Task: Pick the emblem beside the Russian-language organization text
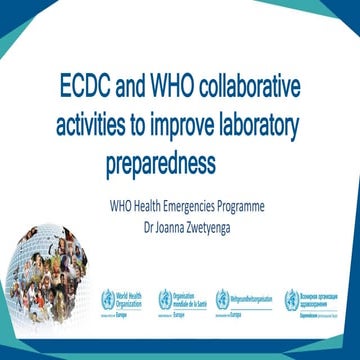tap(291, 297)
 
